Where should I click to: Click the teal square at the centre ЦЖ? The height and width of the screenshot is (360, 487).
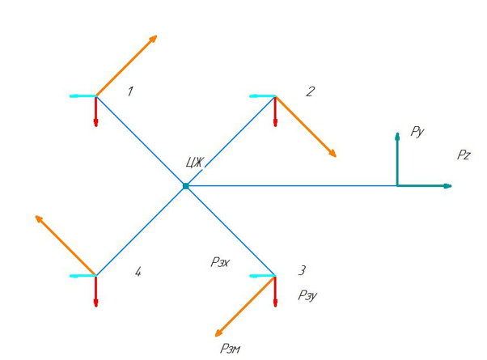click(186, 186)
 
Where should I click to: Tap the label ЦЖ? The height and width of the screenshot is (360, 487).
click(195, 162)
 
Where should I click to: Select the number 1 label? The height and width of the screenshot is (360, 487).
click(130, 91)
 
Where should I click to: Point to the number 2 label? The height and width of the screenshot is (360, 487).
click(311, 91)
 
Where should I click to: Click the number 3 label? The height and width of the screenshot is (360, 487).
click(302, 270)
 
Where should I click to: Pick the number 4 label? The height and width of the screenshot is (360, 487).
click(138, 272)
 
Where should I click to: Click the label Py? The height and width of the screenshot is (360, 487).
click(417, 132)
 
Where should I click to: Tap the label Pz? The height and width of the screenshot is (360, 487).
click(464, 155)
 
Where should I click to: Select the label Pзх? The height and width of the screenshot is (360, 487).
click(220, 262)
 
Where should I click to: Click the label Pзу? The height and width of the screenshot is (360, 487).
click(307, 295)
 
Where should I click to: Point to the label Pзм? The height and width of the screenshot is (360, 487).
click(230, 349)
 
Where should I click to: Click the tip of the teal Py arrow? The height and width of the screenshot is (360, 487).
click(397, 133)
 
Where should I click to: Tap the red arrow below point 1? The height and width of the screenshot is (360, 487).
click(96, 112)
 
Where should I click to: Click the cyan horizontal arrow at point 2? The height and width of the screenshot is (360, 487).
click(262, 96)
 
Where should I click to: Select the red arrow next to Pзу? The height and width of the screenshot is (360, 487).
click(275, 291)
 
